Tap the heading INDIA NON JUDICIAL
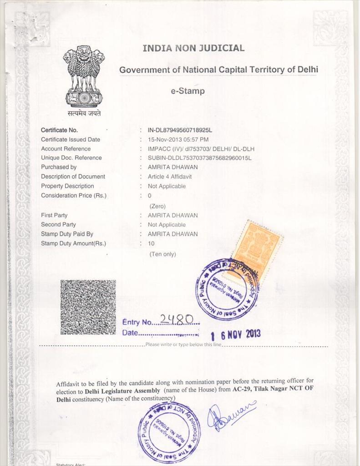point(193,48)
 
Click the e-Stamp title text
point(188,91)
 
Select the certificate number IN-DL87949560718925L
point(180,130)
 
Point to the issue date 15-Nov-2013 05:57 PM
point(178,139)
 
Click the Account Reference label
point(66,149)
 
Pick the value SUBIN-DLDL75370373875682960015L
point(199,158)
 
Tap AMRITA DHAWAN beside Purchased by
point(172,167)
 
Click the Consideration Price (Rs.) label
point(74,196)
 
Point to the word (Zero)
point(157,206)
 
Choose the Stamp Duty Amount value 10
point(151,243)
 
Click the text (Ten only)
point(162,254)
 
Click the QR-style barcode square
point(88,307)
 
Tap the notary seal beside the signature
point(169,432)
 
